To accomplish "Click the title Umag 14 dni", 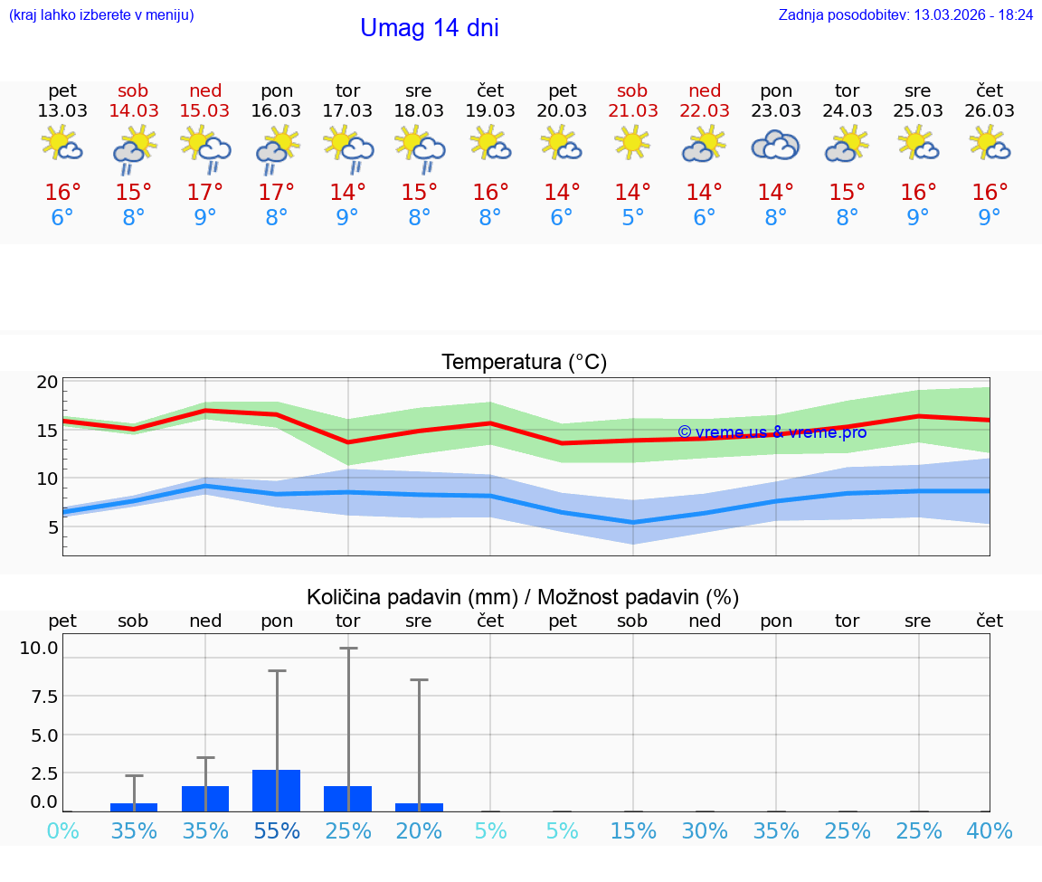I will pos(429,28).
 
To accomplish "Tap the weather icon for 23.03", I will pos(775,145).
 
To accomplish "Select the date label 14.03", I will pos(134,110).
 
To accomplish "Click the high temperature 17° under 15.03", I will pos(205,193).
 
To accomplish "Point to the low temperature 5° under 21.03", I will pos(633,218).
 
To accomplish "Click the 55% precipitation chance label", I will pos(277,831).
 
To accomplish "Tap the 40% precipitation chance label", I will pos(990,831).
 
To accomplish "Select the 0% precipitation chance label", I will pos(62,831).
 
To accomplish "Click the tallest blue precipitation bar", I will pos(277,791).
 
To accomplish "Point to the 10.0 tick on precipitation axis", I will pos(39,648).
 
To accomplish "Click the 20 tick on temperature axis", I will pos(48,382).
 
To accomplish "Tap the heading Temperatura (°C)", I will pos(524,363).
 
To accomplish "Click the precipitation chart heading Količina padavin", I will pos(523,597).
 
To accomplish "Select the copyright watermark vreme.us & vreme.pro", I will pos(772,432).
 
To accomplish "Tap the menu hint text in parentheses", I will pos(101,15).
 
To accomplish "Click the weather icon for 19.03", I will pos(489,144).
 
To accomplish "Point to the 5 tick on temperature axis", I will pos(53,526).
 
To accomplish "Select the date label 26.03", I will pos(990,110).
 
